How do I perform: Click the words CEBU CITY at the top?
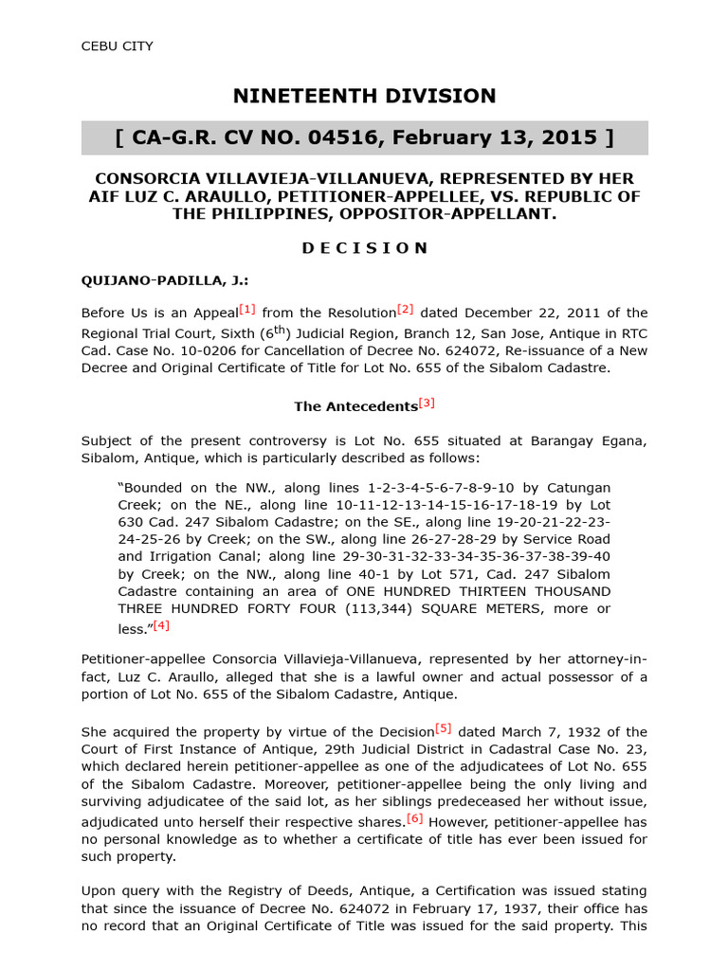pyautogui.click(x=117, y=45)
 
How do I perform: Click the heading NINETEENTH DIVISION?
pyautogui.click(x=365, y=96)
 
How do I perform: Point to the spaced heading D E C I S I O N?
pyautogui.click(x=365, y=248)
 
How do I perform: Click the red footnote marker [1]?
pyautogui.click(x=247, y=309)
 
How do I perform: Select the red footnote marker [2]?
pyautogui.click(x=406, y=309)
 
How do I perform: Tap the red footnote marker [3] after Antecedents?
pyautogui.click(x=427, y=403)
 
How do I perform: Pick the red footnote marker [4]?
pyautogui.click(x=161, y=625)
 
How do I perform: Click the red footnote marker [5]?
pyautogui.click(x=444, y=728)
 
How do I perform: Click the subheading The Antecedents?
pyautogui.click(x=355, y=406)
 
